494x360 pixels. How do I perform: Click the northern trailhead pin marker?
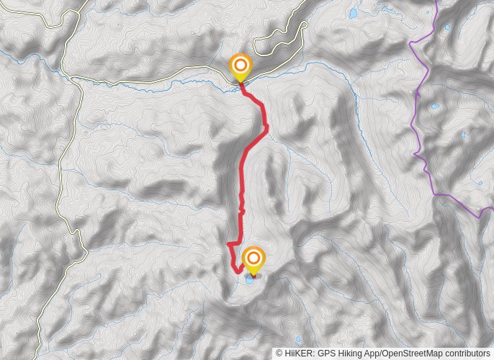pos(241,68)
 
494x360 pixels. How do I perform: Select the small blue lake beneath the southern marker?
pos(250,276)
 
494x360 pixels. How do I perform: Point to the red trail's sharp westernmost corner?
pos(228,245)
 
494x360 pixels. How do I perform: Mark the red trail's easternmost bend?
pos(266,127)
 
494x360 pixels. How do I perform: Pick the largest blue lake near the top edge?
pos(353,13)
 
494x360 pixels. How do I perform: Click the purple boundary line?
pos(416,115)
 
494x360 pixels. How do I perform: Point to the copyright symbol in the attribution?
pos(279,354)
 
